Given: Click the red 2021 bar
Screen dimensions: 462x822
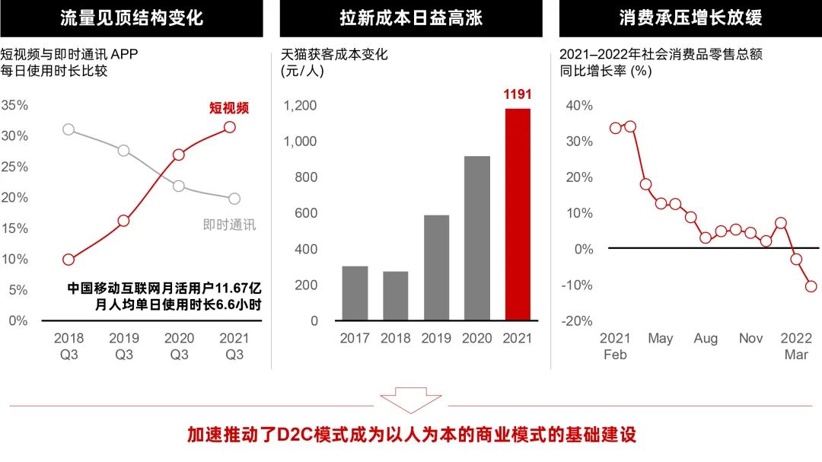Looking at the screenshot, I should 518,215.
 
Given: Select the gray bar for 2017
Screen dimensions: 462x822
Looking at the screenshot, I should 355,293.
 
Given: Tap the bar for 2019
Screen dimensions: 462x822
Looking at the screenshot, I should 436,267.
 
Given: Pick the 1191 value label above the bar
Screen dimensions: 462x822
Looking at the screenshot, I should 518,95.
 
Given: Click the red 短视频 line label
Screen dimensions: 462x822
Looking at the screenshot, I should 229,108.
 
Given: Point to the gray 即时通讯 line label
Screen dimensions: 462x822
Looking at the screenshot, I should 230,225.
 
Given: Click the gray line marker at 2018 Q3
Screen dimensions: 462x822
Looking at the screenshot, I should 68,129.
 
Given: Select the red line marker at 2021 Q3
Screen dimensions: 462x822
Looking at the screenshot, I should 229,127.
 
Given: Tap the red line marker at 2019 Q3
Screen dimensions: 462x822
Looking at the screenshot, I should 123,221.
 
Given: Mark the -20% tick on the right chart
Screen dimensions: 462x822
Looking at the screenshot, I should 576,321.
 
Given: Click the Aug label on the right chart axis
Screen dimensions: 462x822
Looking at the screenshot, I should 706,338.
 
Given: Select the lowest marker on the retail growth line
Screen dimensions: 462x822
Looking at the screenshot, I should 811,286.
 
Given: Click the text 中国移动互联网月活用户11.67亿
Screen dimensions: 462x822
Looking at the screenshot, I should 164,288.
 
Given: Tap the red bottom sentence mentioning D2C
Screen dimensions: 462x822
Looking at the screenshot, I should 411,435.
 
